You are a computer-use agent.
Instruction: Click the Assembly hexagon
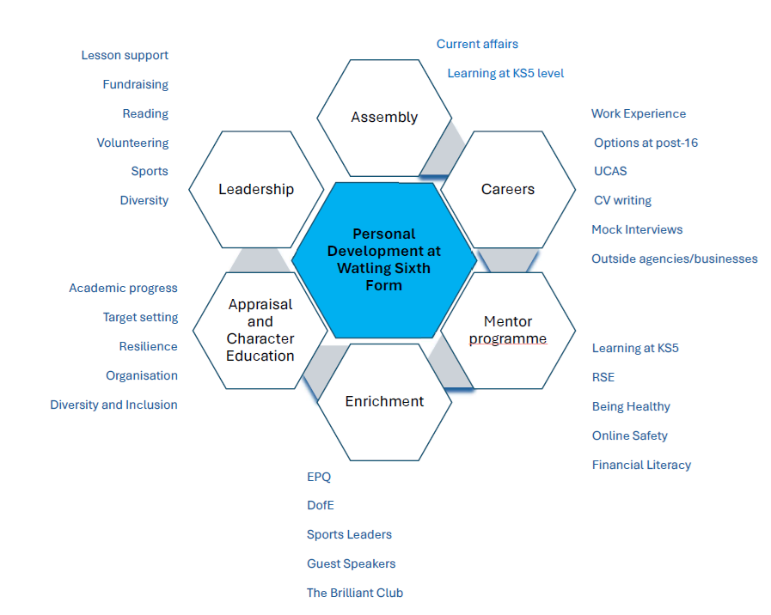(x=384, y=118)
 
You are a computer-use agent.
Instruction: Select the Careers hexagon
(x=507, y=189)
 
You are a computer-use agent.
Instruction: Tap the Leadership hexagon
(x=256, y=189)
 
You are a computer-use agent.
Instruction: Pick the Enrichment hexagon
(x=384, y=401)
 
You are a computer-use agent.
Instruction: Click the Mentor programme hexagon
(x=507, y=330)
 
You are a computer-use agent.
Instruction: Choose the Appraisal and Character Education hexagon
(x=260, y=330)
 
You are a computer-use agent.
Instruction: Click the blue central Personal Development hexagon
(x=383, y=259)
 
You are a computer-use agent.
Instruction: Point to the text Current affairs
(x=477, y=44)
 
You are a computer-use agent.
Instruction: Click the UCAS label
(x=610, y=171)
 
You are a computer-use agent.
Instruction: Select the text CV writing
(x=622, y=200)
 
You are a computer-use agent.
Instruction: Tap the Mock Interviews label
(x=637, y=229)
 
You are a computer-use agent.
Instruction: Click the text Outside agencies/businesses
(x=675, y=259)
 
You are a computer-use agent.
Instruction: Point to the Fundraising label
(x=135, y=84)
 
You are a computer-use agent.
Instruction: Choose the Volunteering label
(x=132, y=143)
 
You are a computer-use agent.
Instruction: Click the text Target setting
(x=140, y=317)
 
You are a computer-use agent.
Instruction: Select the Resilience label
(x=148, y=346)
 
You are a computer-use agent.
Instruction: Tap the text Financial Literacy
(x=641, y=465)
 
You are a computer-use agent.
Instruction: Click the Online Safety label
(x=629, y=435)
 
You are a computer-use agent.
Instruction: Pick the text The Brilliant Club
(x=355, y=593)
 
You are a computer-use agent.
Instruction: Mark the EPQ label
(x=319, y=477)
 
